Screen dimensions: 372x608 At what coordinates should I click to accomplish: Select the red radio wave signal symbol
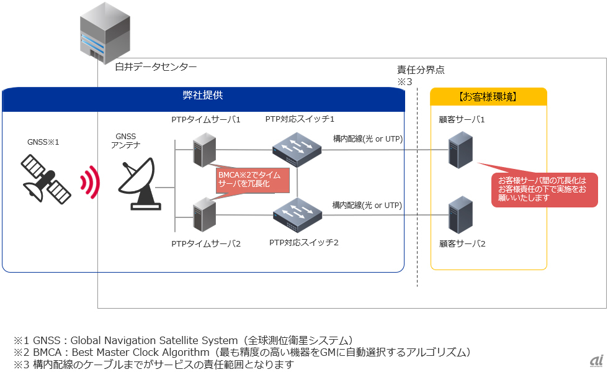coord(90,182)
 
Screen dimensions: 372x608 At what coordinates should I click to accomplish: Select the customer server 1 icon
coord(461,150)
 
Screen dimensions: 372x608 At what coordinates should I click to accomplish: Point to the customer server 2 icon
coord(461,214)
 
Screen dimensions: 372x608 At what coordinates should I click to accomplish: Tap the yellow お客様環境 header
coord(488,97)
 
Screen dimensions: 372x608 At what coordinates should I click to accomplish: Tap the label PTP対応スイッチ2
coord(303,242)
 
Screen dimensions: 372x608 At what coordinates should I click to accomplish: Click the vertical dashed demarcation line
coord(417,186)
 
